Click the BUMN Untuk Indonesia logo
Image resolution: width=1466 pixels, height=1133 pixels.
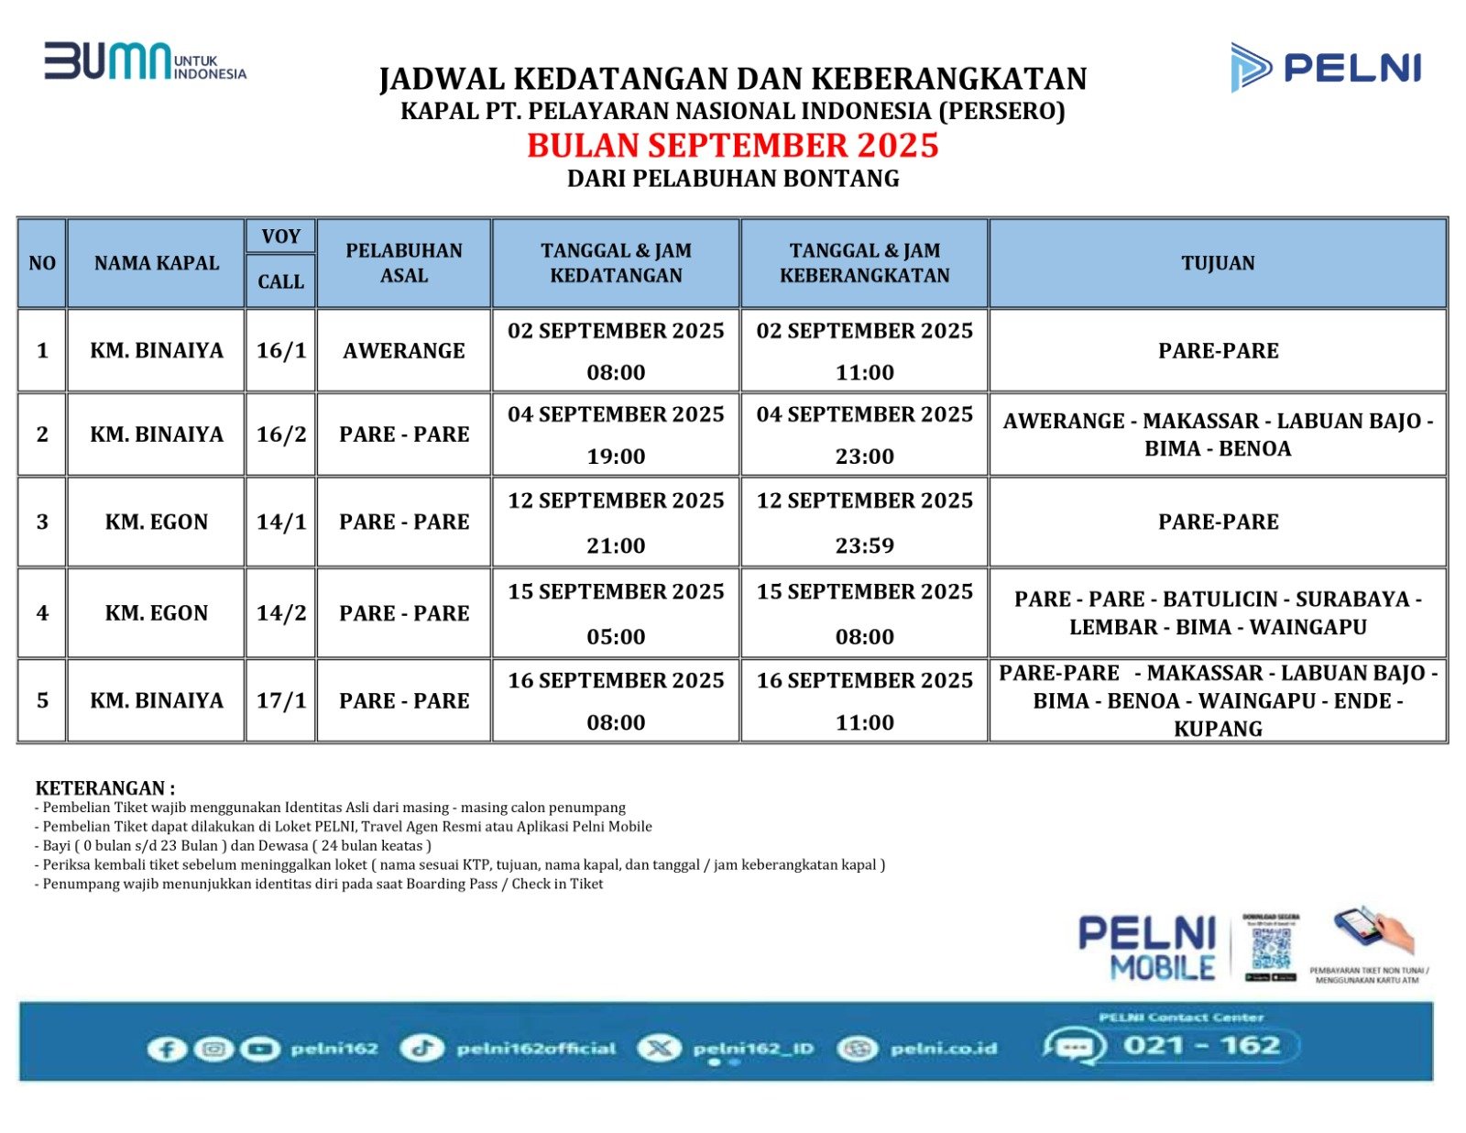point(145,61)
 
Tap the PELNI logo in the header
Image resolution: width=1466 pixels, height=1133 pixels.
point(1325,67)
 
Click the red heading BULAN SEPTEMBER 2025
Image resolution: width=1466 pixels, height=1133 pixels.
point(733,146)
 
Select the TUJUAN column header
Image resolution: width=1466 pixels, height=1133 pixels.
point(1218,263)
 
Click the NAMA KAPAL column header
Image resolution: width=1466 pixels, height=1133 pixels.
point(157,263)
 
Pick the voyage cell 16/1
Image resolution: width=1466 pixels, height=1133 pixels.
point(281,350)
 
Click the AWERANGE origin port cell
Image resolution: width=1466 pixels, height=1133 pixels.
point(404,350)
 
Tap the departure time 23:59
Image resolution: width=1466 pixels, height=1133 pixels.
point(864,545)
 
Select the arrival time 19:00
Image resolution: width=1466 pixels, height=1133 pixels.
point(616,456)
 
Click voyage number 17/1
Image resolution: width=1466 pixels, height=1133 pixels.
point(281,700)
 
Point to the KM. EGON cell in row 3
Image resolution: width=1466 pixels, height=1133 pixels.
point(157,522)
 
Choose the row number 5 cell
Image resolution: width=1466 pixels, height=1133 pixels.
point(42,700)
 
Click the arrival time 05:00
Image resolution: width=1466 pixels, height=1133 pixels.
point(616,636)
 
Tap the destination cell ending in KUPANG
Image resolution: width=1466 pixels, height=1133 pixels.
point(1218,701)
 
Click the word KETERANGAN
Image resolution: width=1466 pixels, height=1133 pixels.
point(100,788)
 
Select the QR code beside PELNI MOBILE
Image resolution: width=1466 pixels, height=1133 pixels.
point(1271,947)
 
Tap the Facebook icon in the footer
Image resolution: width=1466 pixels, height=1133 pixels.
point(166,1049)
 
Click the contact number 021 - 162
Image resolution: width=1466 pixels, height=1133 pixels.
point(1201,1046)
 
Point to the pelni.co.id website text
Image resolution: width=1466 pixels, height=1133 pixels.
point(943,1049)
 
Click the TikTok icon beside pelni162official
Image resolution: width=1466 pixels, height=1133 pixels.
point(421,1049)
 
